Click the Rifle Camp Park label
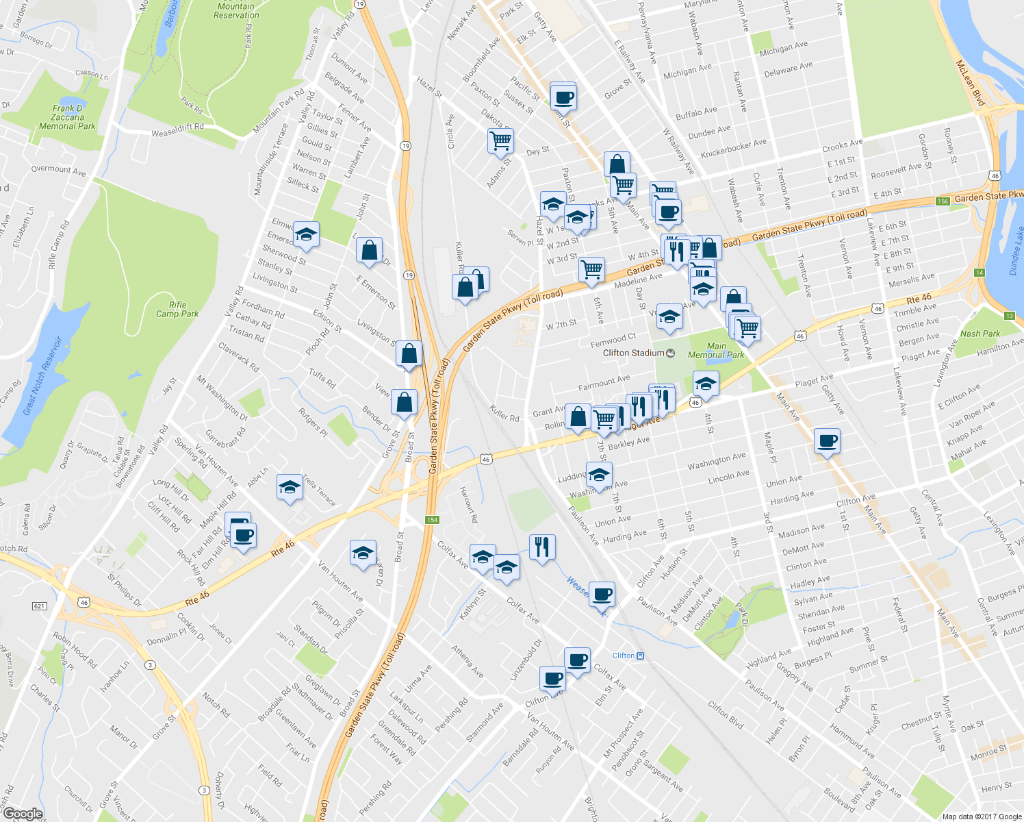(x=177, y=310)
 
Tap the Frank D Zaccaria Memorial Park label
(x=67, y=117)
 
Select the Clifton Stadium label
(x=634, y=353)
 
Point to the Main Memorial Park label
(x=716, y=350)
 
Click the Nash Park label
(x=980, y=334)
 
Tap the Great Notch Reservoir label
(x=42, y=377)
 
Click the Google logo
(x=23, y=814)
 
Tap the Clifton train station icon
(x=640, y=656)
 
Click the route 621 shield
(x=40, y=606)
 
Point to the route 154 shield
(x=432, y=520)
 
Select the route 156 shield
(x=943, y=201)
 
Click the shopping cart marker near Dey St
(x=500, y=141)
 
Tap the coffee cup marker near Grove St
(x=563, y=97)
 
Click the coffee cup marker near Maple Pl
(x=827, y=441)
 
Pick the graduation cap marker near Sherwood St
(x=306, y=235)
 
